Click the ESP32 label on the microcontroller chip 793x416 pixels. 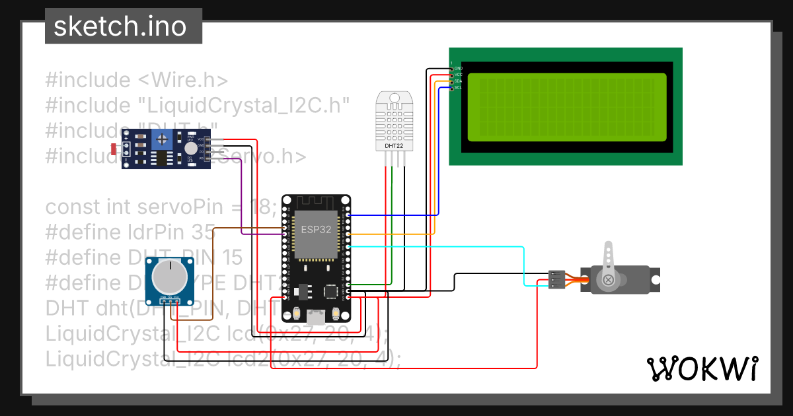(x=315, y=230)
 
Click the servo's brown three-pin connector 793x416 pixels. (x=556, y=280)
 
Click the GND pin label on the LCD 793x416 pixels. (x=458, y=69)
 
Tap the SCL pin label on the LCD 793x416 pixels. (x=458, y=87)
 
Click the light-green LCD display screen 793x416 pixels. (x=566, y=108)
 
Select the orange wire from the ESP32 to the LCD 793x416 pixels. (x=397, y=234)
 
